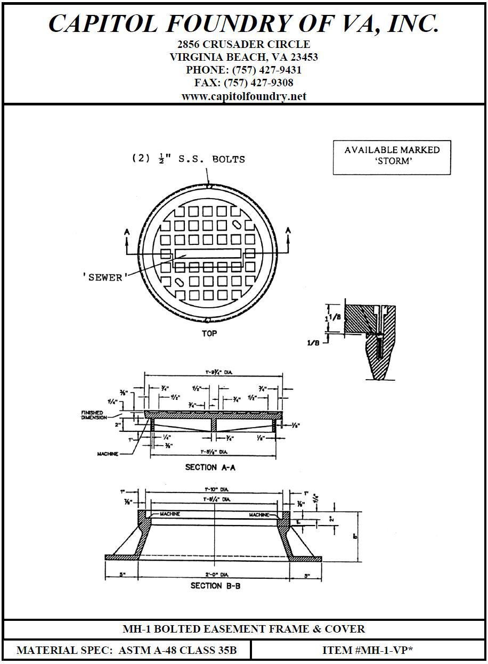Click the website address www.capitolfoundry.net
[243, 96]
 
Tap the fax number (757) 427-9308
[258, 83]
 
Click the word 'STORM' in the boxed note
[392, 160]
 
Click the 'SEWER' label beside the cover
[102, 278]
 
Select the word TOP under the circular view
[209, 334]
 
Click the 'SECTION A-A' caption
[210, 468]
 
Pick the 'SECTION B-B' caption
[214, 586]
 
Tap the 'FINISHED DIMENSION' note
[92, 415]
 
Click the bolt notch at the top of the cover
[209, 186]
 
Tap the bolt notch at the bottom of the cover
[206, 320]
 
